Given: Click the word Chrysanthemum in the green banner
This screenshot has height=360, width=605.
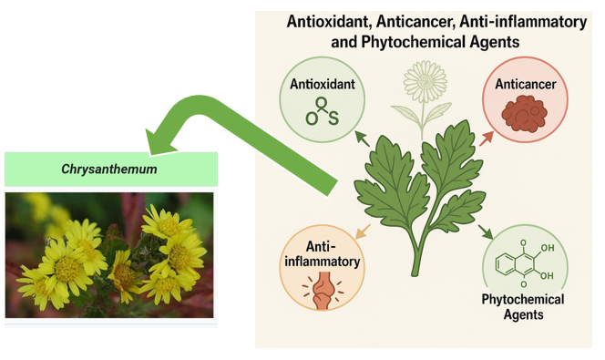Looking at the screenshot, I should pos(110,170).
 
